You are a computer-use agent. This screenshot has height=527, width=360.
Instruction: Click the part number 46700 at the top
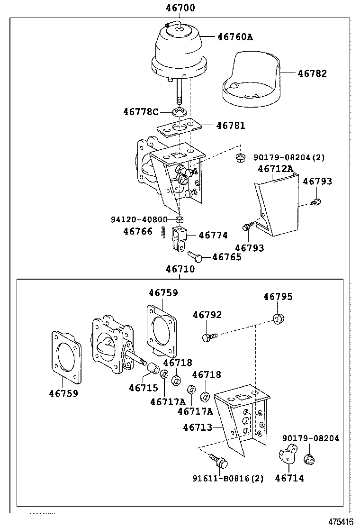point(180,8)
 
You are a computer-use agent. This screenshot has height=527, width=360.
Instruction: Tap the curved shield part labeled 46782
point(251,81)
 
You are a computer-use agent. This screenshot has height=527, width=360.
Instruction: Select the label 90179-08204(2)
point(289,157)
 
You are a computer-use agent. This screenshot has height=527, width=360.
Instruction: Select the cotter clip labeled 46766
point(162,232)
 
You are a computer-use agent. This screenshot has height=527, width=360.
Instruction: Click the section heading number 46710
point(180,269)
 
